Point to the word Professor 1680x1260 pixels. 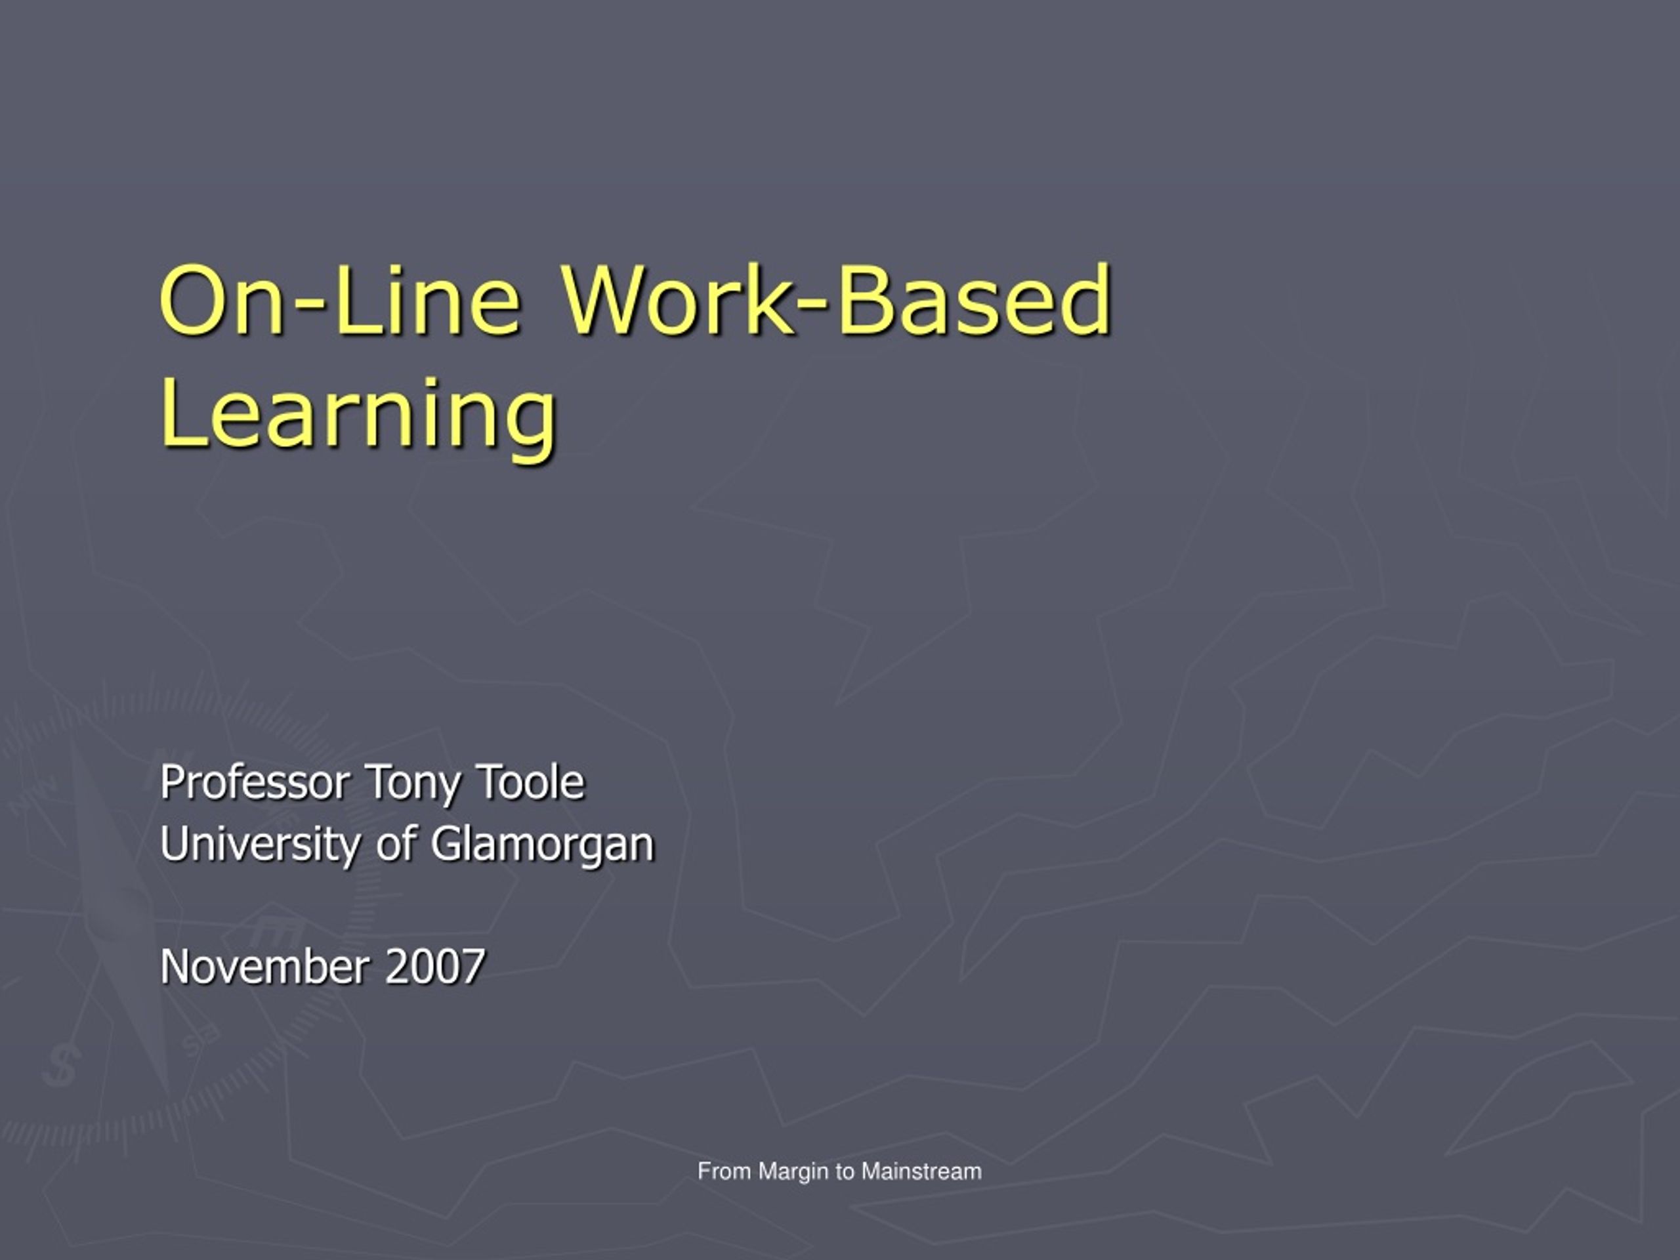[x=255, y=783]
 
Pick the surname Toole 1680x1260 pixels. [x=530, y=783]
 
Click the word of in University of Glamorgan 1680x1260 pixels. [x=396, y=844]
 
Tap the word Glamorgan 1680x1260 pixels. [x=542, y=845]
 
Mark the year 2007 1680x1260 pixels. [x=435, y=967]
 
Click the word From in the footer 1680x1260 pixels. [x=724, y=1171]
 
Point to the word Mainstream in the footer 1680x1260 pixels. [x=921, y=1171]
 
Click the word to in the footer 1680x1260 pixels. [x=845, y=1172]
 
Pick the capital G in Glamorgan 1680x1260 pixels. [x=448, y=845]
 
